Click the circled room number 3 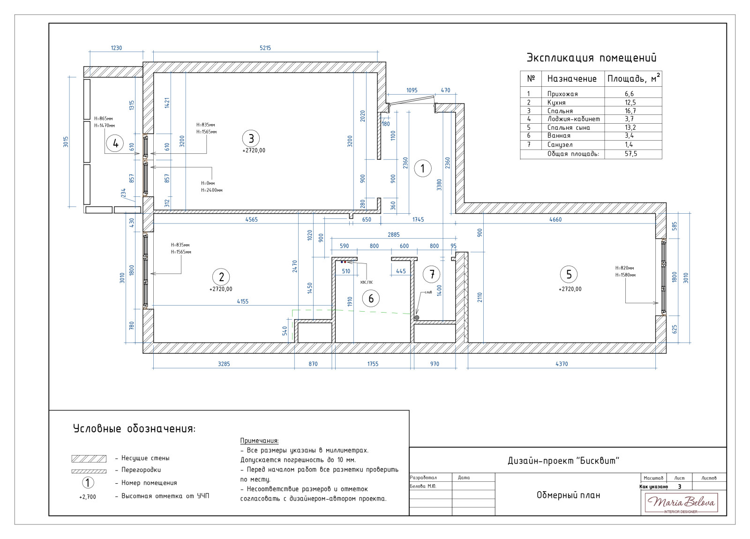(251, 138)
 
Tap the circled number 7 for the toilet (432, 274)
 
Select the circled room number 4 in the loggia (115, 143)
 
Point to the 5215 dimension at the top (265, 48)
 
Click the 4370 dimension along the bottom (562, 364)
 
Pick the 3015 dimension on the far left (66, 142)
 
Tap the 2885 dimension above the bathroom (394, 235)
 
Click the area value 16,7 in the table (630, 111)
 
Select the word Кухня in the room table (556, 103)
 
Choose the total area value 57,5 (630, 154)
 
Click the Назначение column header (572, 79)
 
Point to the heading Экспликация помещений (592, 58)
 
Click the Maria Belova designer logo (681, 503)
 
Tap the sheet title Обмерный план (568, 495)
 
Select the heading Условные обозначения (135, 429)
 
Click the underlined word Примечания (259, 441)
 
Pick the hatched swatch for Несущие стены (89, 458)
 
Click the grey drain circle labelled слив (417, 318)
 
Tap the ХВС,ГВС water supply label (367, 282)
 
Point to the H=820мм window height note (625, 268)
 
